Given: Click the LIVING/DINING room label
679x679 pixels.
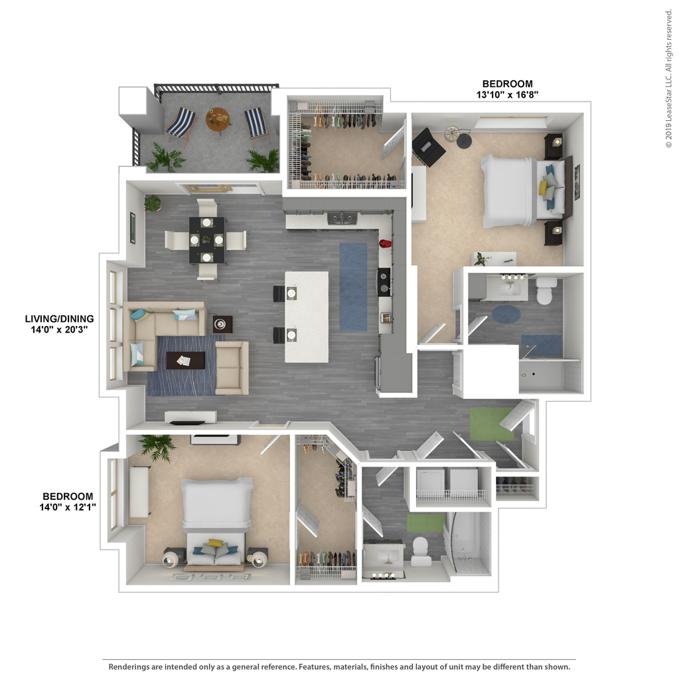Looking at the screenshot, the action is tap(59, 319).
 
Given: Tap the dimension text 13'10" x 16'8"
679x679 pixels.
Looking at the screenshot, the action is tap(507, 95).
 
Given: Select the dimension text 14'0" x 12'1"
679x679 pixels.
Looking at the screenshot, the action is tap(68, 507).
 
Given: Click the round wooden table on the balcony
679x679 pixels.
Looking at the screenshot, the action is tap(218, 119).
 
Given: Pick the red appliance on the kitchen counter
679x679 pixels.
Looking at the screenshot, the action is tap(385, 244).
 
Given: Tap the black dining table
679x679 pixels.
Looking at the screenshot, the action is tap(207, 240).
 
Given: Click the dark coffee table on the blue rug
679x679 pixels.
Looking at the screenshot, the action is tap(186, 360).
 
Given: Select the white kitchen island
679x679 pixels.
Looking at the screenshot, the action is tap(307, 317).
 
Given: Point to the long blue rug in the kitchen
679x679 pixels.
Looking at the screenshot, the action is tap(353, 287).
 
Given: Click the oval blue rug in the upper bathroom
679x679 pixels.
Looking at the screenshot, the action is tap(506, 314).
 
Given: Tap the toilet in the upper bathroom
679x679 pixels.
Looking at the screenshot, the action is tap(546, 289).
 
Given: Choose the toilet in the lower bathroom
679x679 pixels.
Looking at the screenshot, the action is tap(421, 552).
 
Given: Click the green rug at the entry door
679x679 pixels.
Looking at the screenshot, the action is tap(492, 424).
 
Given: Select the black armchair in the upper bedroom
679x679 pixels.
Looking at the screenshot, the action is tap(428, 147).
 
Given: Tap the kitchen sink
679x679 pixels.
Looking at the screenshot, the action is tap(342, 218).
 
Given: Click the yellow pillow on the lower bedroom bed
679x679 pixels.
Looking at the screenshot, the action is tap(214, 542).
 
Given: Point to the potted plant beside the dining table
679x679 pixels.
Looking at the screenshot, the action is tap(153, 203).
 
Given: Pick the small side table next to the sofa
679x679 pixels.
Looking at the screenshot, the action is tap(222, 324).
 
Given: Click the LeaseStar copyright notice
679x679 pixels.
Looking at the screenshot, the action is tap(669, 79).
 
